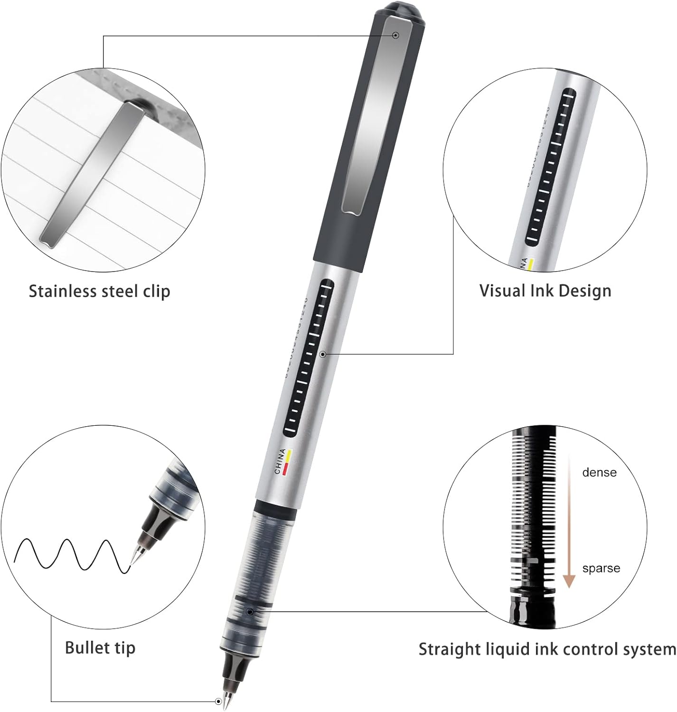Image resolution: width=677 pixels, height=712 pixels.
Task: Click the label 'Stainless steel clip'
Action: (x=99, y=291)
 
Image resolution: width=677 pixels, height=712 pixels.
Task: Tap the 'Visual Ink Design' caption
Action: (x=545, y=290)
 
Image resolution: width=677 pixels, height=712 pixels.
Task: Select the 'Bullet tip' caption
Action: (x=100, y=647)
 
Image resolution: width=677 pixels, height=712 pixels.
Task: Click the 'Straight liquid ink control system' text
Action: (x=547, y=649)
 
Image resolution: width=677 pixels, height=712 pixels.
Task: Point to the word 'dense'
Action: (x=599, y=472)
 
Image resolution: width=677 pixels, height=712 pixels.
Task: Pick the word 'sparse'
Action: (x=601, y=568)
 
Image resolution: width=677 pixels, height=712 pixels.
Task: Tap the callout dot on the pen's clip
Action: (x=395, y=35)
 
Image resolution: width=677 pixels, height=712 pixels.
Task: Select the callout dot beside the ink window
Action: (x=323, y=354)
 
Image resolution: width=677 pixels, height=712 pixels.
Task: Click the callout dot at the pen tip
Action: (x=219, y=701)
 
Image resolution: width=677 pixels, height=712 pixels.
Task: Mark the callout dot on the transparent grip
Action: (x=250, y=612)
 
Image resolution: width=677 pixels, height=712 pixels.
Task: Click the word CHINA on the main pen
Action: (x=280, y=461)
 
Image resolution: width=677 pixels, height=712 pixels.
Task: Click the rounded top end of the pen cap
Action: (x=399, y=9)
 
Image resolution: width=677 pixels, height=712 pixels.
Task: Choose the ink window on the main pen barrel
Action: (x=309, y=358)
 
